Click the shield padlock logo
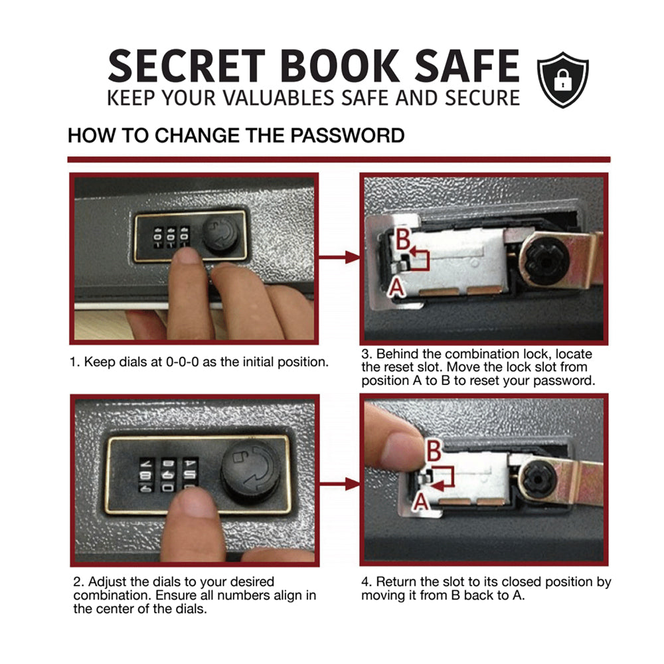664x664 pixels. pos(563,80)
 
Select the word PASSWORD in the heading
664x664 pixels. pos(347,135)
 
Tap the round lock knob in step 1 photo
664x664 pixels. pos(220,234)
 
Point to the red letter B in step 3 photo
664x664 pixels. pos(403,238)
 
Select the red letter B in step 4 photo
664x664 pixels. pos(434,451)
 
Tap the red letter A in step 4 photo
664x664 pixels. pos(420,503)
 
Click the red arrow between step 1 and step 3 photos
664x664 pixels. pos(339,256)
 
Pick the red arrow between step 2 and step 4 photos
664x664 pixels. pos(339,483)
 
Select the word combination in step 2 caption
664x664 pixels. pos(112,596)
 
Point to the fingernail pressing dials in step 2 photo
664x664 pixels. pos(193,502)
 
